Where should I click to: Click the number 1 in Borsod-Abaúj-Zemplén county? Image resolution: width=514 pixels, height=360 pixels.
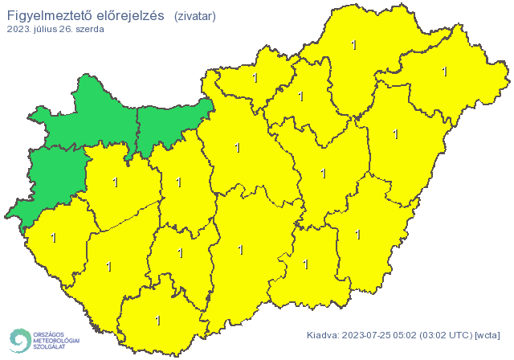tap(354, 45)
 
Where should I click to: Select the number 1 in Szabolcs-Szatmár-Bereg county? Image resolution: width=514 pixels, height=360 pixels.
tap(444, 72)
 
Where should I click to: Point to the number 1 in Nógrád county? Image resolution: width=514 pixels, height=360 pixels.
tap(255, 78)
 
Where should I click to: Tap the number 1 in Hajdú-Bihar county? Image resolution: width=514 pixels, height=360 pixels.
tap(395, 134)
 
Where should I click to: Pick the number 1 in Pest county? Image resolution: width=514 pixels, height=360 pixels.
tap(236, 147)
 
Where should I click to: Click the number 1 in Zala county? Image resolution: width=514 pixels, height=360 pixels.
tap(54, 238)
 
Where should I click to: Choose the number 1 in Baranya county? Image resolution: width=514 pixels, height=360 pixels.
tap(157, 321)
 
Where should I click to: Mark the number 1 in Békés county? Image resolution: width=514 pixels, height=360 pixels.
tap(357, 235)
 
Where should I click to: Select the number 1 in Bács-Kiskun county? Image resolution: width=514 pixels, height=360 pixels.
tap(241, 250)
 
